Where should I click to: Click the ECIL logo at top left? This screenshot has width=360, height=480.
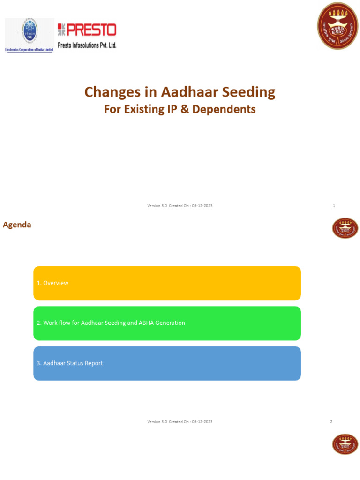pyautogui.click(x=30, y=35)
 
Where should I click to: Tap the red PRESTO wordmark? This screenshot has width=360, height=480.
pyautogui.click(x=87, y=30)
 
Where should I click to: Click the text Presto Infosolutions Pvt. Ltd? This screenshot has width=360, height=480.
pyautogui.click(x=87, y=45)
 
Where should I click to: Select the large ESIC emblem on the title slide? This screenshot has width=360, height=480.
pyautogui.click(x=337, y=26)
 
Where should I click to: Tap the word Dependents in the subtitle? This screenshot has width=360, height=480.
pyautogui.click(x=228, y=109)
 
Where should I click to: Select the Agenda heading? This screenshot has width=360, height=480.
pyautogui.click(x=17, y=225)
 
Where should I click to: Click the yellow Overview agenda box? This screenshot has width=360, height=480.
pyautogui.click(x=167, y=283)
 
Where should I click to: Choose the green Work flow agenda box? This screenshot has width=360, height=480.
pyautogui.click(x=167, y=323)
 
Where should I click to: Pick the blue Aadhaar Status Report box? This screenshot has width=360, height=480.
pyautogui.click(x=167, y=363)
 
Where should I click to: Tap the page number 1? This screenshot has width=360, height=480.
pyautogui.click(x=334, y=206)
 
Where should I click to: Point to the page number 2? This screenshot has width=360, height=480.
pyautogui.click(x=331, y=422)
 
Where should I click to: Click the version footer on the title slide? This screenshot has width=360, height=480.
pyautogui.click(x=180, y=206)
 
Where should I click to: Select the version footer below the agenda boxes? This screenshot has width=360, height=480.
pyautogui.click(x=180, y=422)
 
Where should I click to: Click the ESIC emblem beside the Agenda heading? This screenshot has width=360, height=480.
pyautogui.click(x=345, y=228)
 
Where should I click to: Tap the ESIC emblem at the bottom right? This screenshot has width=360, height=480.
pyautogui.click(x=345, y=444)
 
